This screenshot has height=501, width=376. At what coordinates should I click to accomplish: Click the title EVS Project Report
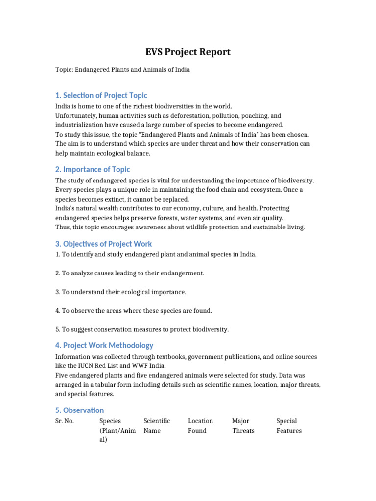pos(188,52)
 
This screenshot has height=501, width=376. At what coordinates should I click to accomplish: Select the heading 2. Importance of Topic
pos(93,169)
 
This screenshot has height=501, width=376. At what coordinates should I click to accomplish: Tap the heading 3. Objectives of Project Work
pos(103,244)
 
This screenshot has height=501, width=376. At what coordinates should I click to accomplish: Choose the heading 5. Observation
pos(79,410)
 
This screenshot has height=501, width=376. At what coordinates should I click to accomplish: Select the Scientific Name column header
pos(157,426)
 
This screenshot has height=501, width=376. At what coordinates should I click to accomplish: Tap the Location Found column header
pos(200,426)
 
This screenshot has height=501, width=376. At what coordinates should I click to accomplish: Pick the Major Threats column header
pos(243,426)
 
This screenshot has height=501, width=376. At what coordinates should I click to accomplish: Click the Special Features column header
pos(289,426)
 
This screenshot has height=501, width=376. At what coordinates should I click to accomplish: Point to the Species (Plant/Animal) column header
pos(117,430)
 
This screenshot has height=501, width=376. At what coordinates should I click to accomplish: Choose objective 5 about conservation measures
pos(141,329)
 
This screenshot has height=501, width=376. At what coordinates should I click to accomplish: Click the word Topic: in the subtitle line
pos(64,70)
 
